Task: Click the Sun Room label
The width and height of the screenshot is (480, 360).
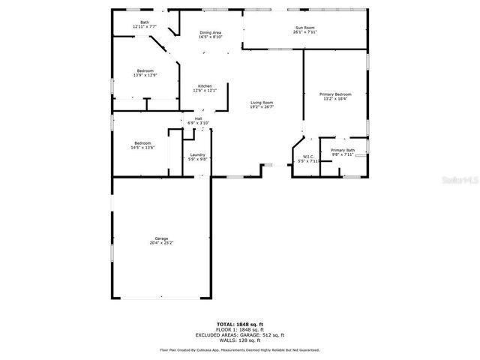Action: [304, 28]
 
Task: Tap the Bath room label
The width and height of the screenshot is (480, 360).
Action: [144, 22]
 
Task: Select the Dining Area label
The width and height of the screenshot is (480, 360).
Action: [210, 33]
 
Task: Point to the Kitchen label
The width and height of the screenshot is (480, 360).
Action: [205, 86]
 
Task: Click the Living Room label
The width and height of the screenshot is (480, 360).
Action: [262, 103]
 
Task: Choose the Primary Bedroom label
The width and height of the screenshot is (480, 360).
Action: [335, 94]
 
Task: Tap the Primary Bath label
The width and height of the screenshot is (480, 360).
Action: [343, 151]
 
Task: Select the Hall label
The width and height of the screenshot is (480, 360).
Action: [199, 118]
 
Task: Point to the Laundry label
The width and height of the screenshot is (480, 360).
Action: [197, 154]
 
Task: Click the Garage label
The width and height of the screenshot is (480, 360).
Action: [161, 238]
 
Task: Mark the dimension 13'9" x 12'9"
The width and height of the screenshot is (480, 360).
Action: [145, 75]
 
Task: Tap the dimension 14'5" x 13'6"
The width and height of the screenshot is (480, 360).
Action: [142, 148]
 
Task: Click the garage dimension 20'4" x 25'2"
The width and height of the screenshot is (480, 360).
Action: [161, 243]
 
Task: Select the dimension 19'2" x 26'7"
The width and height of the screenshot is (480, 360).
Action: [262, 107]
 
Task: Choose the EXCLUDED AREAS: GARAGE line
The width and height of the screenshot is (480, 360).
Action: [240, 334]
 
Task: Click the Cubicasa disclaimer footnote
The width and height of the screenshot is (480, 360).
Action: [240, 349]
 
